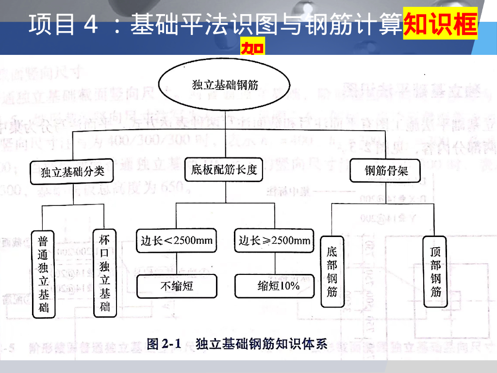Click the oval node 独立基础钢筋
click(225, 86)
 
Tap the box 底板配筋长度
click(224, 170)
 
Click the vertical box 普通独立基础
click(43, 274)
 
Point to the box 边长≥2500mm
click(274, 240)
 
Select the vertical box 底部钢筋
click(332, 271)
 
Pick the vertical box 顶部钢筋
click(436, 271)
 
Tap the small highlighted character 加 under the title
click(252, 49)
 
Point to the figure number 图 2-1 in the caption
click(164, 344)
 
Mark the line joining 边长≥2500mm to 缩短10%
click(275, 263)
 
